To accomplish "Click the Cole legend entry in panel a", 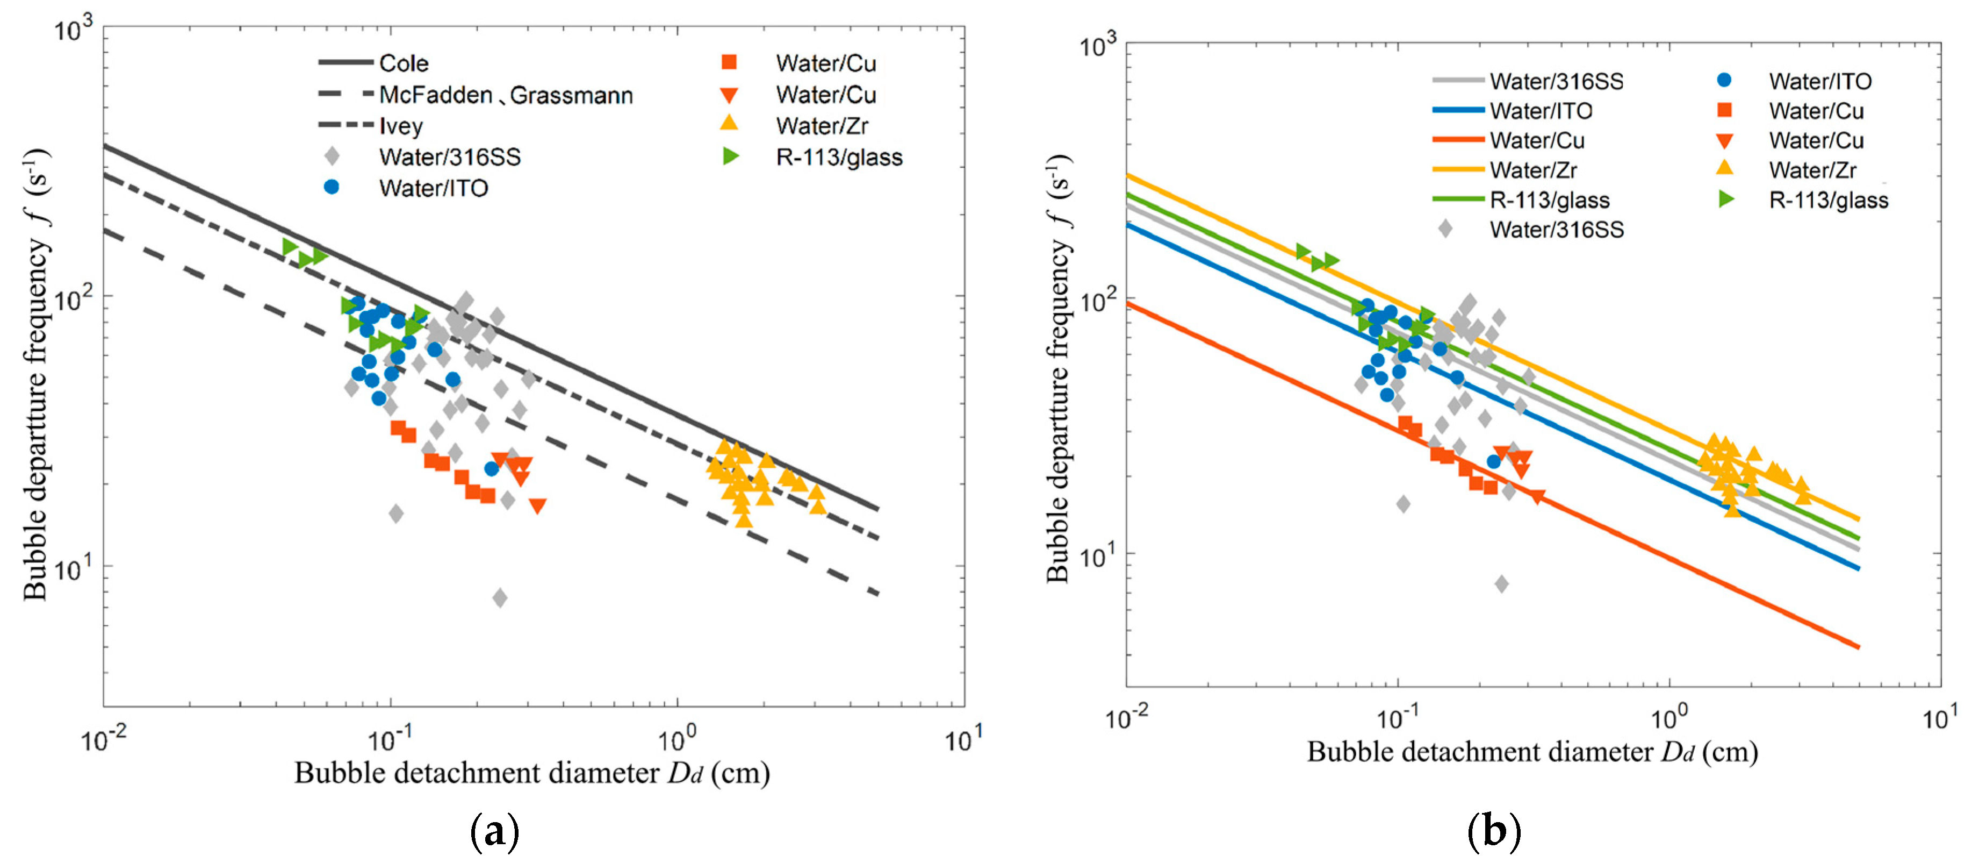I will [404, 63].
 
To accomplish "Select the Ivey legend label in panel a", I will [401, 126].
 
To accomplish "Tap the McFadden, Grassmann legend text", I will [506, 95].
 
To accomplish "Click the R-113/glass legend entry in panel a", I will [839, 157].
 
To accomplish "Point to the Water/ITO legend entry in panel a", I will [433, 188].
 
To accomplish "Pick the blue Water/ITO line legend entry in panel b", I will [1541, 111].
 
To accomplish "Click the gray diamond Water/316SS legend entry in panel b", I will [1557, 229].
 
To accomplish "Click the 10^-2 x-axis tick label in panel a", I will [104, 739].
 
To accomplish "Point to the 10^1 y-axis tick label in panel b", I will [1097, 555].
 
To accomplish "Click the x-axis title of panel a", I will [531, 772].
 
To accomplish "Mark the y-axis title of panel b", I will [1059, 369].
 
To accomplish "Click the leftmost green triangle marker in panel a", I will [290, 246].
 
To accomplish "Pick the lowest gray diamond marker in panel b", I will [1501, 584].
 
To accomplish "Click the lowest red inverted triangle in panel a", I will [538, 505].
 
